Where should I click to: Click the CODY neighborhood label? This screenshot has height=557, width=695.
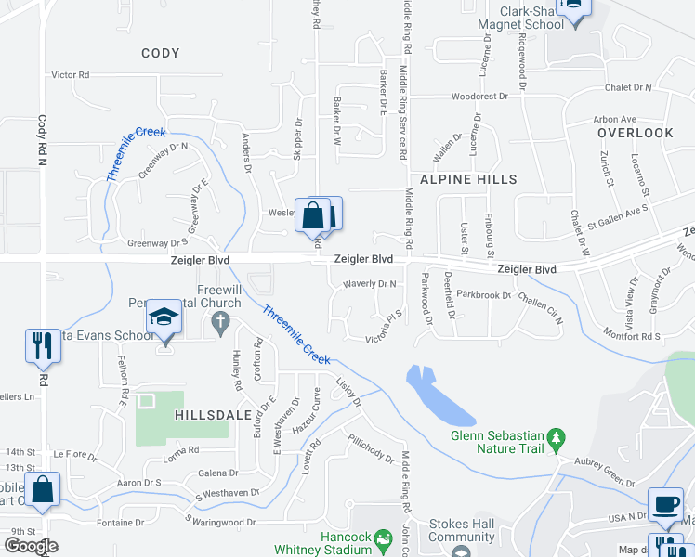pos(161,53)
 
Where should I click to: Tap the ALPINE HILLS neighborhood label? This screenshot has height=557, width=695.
pos(467,178)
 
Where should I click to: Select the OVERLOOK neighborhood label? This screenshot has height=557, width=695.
pos(635,133)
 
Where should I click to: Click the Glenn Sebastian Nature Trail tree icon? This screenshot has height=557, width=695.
pos(557,435)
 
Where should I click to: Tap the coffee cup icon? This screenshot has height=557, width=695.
pos(664,503)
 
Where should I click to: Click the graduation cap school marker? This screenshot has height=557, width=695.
pos(164,317)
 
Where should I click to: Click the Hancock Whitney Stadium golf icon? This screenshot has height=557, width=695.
pos(382,538)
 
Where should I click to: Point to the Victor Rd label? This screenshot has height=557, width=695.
pos(70,74)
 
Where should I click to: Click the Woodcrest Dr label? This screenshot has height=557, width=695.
pos(479,96)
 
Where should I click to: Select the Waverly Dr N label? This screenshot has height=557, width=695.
pos(370,283)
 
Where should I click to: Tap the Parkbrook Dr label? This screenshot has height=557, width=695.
pos(484,295)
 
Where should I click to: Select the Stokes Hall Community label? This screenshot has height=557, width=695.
pos(462,530)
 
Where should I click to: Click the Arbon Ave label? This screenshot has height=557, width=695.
pos(614,119)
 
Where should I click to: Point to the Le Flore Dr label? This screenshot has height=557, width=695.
pos(75,454)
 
